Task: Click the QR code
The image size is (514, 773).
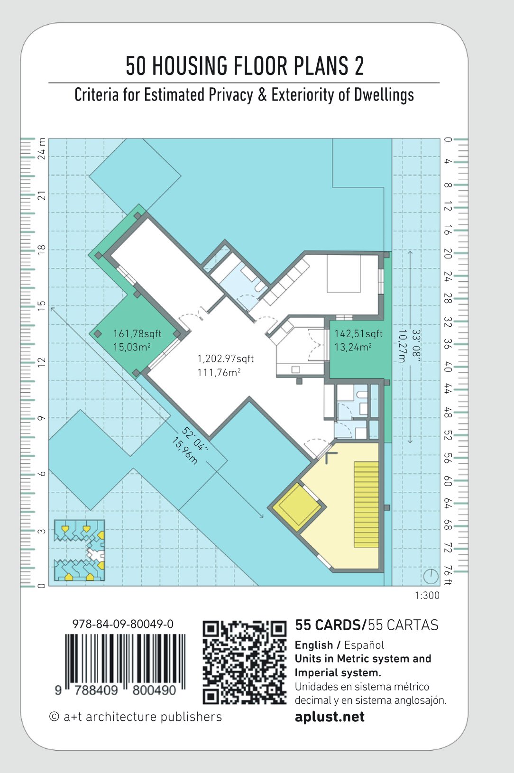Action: coord(244,663)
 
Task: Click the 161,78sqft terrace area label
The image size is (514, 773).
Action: coord(138,334)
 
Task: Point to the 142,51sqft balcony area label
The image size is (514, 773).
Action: coord(358,334)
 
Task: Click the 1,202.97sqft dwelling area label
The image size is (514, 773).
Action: coord(225,359)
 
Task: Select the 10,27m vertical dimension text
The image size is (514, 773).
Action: coord(402,346)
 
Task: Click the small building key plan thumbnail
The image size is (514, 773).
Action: coord(79,550)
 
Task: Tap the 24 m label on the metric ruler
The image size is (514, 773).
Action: coord(41,149)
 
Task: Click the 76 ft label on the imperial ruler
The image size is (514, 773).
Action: coord(448,575)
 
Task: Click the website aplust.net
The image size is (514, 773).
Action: coord(330,717)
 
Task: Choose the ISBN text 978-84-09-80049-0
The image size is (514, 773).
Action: coord(123,624)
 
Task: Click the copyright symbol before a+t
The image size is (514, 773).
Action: coord(54,717)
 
